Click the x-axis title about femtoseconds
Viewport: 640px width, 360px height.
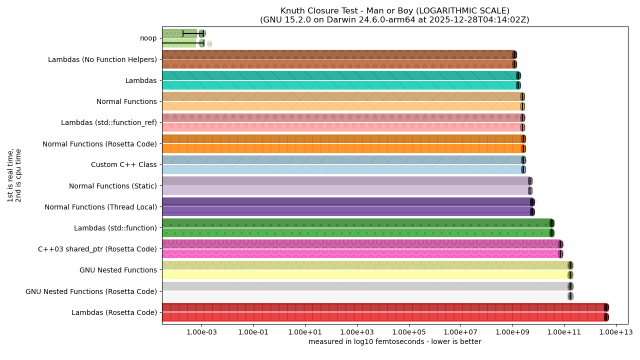[x=394, y=342]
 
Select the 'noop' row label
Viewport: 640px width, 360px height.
[x=148, y=38]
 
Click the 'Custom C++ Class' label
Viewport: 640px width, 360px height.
[x=123, y=165]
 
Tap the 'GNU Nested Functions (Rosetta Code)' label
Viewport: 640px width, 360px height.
[x=91, y=291]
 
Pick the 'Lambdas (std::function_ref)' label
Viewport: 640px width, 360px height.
[x=108, y=123]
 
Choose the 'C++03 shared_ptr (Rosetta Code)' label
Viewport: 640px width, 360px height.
[x=97, y=249]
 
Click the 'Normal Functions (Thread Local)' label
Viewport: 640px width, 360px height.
[x=100, y=207]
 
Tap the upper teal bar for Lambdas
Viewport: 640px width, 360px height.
[x=340, y=75]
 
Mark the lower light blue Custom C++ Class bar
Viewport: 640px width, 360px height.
[x=342, y=169]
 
